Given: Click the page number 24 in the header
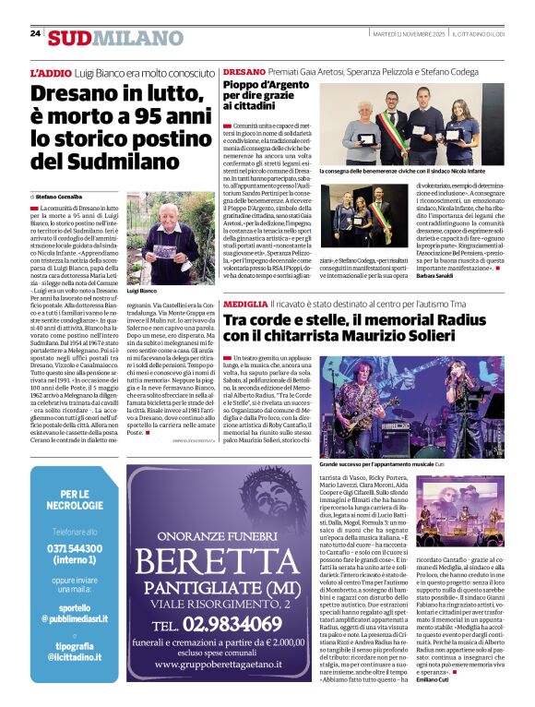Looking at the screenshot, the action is [x=35, y=33].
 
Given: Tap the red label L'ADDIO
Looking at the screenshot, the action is [x=50, y=71].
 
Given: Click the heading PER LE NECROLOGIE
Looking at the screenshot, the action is [x=75, y=500].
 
